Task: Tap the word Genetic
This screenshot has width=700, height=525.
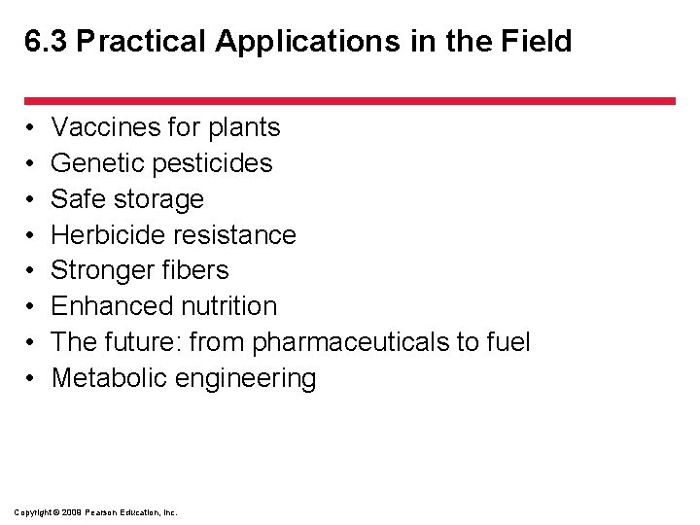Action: (x=94, y=163)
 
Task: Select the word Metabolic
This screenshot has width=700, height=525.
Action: (x=109, y=378)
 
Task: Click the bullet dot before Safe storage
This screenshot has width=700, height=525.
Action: (x=31, y=199)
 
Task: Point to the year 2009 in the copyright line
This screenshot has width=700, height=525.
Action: (x=72, y=512)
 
